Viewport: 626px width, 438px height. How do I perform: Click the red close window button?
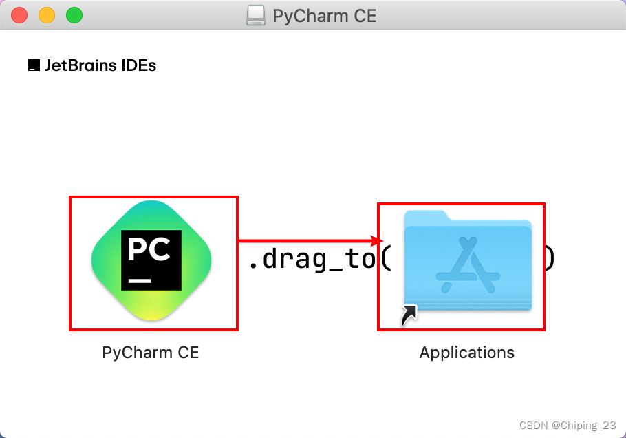pyautogui.click(x=19, y=15)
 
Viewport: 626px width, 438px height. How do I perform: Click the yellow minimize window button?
pyautogui.click(x=47, y=15)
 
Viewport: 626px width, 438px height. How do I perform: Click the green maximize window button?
pyautogui.click(x=74, y=15)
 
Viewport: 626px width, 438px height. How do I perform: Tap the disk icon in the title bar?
pyautogui.click(x=256, y=15)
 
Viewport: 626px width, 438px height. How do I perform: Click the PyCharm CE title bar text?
pyautogui.click(x=325, y=15)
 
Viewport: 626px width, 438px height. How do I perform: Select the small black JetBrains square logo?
pyautogui.click(x=34, y=66)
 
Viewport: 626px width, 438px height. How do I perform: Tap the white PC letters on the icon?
pyautogui.click(x=150, y=249)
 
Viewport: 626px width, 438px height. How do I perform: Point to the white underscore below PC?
pyautogui.click(x=140, y=280)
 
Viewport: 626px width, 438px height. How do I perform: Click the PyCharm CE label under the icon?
pyautogui.click(x=150, y=353)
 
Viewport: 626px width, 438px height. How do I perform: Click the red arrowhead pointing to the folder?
pyautogui.click(x=376, y=240)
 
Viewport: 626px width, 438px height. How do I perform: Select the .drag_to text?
pyautogui.click(x=310, y=259)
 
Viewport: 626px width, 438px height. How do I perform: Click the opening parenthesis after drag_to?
pyautogui.click(x=385, y=259)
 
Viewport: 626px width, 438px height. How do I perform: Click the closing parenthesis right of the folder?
pyautogui.click(x=550, y=259)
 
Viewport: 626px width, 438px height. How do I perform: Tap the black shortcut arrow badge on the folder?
pyautogui.click(x=409, y=315)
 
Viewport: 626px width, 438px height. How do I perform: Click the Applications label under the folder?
pyautogui.click(x=466, y=353)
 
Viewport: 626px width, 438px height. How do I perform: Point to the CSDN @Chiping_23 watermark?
pyautogui.click(x=568, y=425)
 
